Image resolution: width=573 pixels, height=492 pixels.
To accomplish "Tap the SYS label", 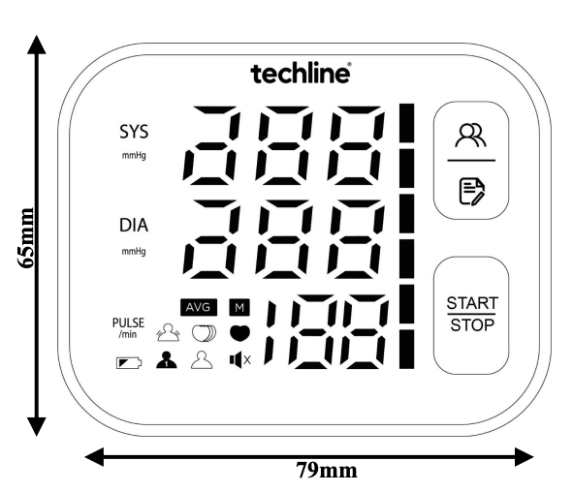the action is (x=134, y=132).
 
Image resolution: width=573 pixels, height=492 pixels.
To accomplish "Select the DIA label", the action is (x=134, y=226).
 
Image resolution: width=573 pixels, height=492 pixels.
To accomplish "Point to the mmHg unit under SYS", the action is (x=134, y=156).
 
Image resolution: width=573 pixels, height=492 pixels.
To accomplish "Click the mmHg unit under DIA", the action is (x=134, y=252).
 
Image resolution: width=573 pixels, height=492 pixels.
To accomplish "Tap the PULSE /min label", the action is (x=128, y=327).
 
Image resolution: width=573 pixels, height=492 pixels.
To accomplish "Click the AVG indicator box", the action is (x=199, y=307).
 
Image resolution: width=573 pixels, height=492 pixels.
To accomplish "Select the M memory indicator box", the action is (x=239, y=307).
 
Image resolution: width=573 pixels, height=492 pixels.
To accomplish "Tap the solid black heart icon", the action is (x=239, y=333).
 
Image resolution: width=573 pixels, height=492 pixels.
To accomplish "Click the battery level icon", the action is (x=129, y=363).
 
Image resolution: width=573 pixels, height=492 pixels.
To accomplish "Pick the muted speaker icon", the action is (x=240, y=360).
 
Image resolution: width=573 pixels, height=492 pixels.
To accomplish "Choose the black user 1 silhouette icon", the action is (x=167, y=360).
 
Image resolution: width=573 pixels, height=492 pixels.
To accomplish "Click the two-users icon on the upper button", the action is (x=470, y=136).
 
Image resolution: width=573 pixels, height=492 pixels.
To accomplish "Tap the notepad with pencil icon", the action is (x=472, y=192).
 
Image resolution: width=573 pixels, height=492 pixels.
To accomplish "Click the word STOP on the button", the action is (x=472, y=325).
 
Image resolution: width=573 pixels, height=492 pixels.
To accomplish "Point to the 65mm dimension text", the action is (x=25, y=238).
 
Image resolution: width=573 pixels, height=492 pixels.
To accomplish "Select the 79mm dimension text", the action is (x=327, y=470).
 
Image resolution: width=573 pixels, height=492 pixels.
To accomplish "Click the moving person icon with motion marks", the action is (x=168, y=332).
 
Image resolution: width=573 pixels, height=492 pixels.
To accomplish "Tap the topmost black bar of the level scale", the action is (x=407, y=123).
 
